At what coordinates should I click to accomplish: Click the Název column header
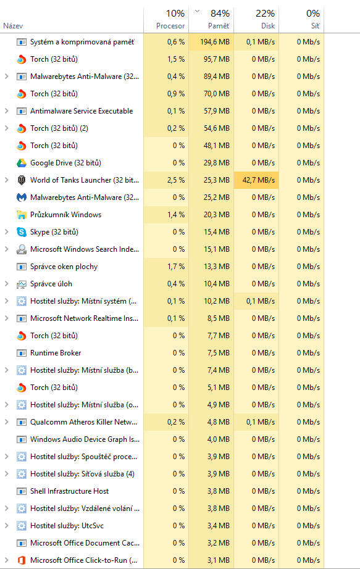click(x=13, y=26)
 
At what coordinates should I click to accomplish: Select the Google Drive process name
click(x=65, y=163)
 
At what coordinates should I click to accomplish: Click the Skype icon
click(x=22, y=232)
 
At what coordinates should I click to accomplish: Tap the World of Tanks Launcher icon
click(x=22, y=180)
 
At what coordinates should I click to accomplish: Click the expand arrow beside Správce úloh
click(x=7, y=284)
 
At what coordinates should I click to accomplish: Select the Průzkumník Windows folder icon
click(x=22, y=215)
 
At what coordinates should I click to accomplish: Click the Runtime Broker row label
click(x=56, y=353)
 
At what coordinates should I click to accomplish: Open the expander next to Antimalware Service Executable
click(x=7, y=111)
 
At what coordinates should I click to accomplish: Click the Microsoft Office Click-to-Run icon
click(x=22, y=560)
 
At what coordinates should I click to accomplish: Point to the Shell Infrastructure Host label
click(x=69, y=491)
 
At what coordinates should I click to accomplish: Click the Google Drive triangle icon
click(x=22, y=163)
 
